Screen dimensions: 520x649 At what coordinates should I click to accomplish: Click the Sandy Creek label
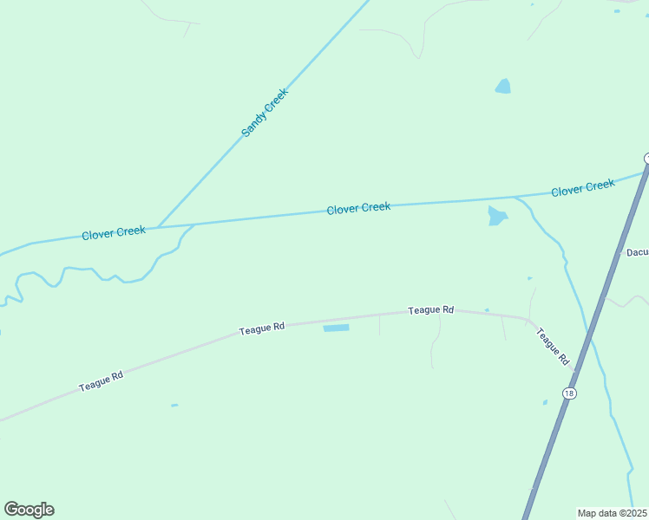point(264,113)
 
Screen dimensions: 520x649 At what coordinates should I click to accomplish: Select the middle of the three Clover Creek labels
point(358,208)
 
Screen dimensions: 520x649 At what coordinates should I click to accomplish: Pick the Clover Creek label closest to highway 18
point(583,187)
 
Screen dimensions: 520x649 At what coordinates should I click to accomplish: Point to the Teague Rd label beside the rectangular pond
point(261,329)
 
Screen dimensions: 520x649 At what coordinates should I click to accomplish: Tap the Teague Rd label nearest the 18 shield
point(552,345)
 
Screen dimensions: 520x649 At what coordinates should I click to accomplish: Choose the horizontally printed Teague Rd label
point(431,309)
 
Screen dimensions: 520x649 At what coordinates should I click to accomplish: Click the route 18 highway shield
point(568,393)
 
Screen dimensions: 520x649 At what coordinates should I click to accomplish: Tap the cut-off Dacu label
point(637,253)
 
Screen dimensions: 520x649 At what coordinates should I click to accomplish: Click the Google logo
point(29,510)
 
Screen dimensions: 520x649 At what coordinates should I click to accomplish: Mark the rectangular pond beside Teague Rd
point(336,328)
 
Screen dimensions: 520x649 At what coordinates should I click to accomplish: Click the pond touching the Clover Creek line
point(496,216)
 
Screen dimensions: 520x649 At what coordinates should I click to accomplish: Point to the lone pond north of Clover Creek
point(502,87)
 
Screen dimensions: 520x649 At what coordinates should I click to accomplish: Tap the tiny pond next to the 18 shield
point(545,402)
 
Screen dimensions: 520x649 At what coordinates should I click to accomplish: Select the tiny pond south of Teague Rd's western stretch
point(174,405)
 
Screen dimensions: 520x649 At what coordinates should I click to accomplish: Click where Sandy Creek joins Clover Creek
point(157,227)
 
